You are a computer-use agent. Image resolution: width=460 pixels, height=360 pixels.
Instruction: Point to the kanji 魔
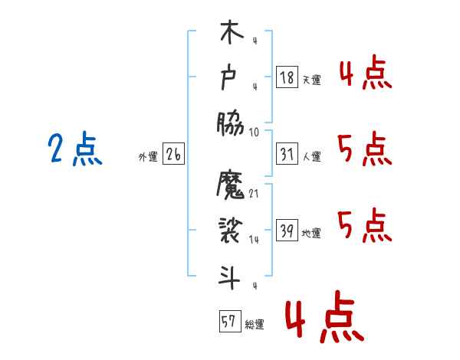coord(230,187)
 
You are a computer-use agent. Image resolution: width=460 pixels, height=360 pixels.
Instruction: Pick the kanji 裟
coord(230,231)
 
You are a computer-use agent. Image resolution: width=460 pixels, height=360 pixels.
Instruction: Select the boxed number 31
coord(287,154)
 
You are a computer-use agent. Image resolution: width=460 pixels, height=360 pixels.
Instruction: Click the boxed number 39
coord(287,231)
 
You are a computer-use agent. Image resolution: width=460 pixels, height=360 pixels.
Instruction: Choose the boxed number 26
coord(173,154)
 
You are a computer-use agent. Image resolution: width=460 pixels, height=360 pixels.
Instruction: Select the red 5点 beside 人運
coord(364,149)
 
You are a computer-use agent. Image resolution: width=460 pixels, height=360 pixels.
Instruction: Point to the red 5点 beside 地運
coord(364,225)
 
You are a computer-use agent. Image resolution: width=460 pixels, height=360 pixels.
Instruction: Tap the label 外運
coord(147,157)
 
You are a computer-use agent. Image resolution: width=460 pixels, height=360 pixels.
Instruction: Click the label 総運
coord(255,325)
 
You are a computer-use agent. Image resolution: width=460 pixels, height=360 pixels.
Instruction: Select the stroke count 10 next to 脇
coord(255,132)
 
